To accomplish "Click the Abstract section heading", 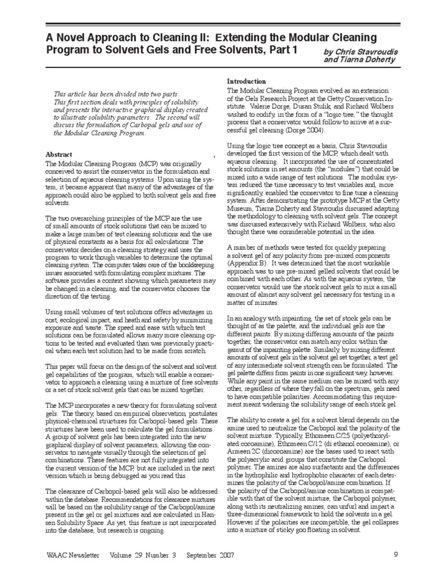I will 59,154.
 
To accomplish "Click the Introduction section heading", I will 247,81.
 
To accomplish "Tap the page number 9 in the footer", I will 396,554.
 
